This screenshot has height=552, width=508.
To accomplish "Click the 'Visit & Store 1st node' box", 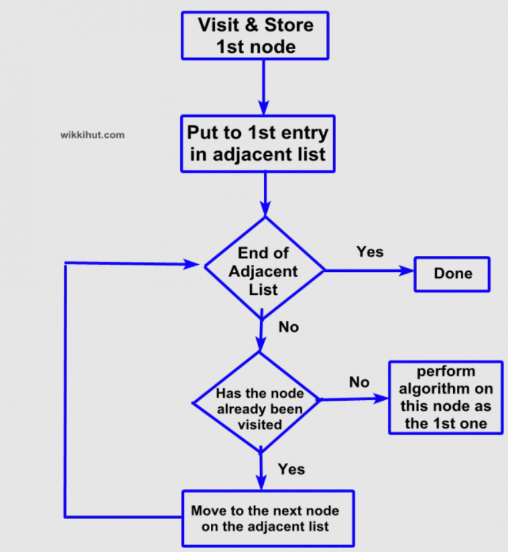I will (x=255, y=36).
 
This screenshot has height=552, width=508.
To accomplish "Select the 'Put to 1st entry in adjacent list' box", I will (x=258, y=144).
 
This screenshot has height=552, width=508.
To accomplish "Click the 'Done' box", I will (x=452, y=274).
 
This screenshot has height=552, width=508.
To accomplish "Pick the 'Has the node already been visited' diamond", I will (x=259, y=403).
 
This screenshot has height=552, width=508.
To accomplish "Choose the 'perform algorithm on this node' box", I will (x=446, y=398).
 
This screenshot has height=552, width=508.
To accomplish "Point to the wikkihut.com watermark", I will (x=92, y=135).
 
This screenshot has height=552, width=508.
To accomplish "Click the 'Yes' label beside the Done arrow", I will (x=369, y=251).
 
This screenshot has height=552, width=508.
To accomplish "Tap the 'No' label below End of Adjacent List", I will (x=288, y=327).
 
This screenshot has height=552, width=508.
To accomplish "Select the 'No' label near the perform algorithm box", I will (x=359, y=382).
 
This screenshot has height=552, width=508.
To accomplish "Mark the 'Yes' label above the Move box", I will (x=291, y=469).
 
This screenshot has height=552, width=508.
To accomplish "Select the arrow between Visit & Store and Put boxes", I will (x=263, y=87).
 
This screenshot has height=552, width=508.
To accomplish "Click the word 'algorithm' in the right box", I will (x=446, y=389).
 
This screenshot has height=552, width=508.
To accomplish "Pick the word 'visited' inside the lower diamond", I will (x=259, y=424).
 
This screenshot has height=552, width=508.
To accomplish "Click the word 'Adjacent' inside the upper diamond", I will (x=263, y=271).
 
